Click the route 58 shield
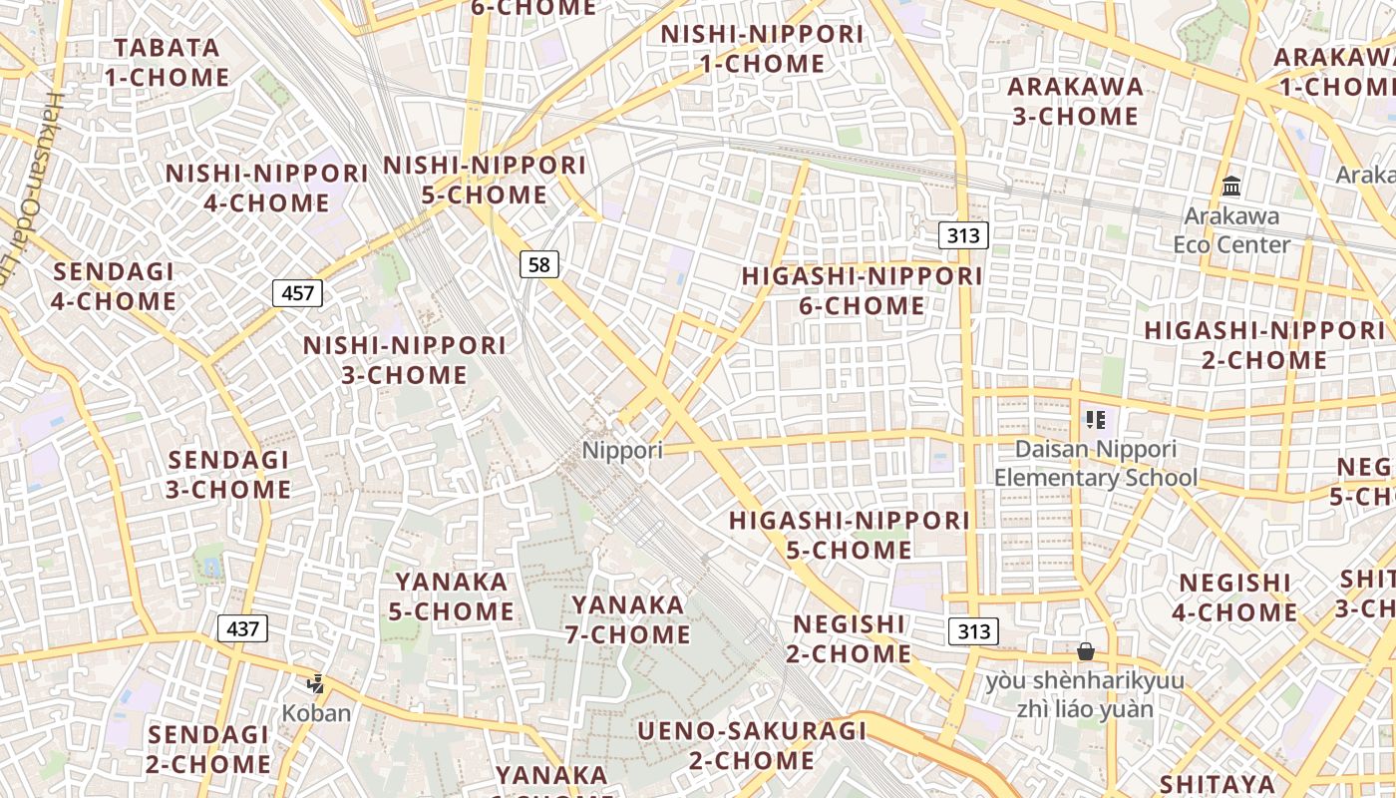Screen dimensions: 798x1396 tap(538, 264)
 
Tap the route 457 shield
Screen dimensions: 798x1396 tap(297, 293)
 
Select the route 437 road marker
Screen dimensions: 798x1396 tap(242, 628)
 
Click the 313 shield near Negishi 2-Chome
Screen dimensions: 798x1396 tap(973, 631)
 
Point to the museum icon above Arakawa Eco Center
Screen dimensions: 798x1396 tap(1231, 187)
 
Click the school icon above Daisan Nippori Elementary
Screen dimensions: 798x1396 tap(1096, 420)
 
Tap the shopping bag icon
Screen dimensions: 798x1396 tap(1086, 651)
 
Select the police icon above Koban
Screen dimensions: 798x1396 tap(316, 684)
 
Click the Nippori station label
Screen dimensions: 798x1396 tap(622, 450)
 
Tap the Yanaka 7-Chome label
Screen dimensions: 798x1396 tap(630, 619)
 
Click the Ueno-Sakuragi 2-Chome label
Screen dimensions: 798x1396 tap(753, 745)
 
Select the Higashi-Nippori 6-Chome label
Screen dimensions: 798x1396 tap(863, 290)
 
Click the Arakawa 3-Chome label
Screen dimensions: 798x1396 tap(1075, 101)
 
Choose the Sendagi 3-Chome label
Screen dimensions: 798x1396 tap(229, 475)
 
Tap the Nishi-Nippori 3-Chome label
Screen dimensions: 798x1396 tap(404, 360)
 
